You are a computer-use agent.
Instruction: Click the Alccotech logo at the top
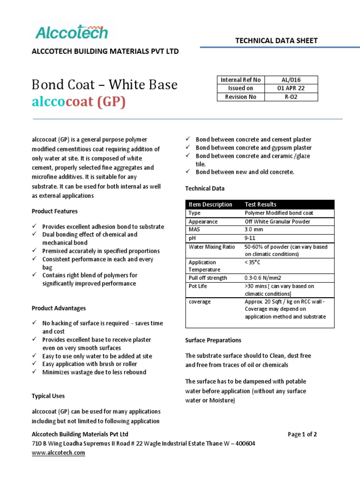72,32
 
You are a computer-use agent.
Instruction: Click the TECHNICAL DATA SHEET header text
276,41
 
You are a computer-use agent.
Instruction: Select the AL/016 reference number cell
291,80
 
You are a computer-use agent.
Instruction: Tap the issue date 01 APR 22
291,88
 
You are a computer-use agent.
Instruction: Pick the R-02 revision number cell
291,97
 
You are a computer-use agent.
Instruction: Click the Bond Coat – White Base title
105,85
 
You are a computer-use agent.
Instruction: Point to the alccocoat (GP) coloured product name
79,102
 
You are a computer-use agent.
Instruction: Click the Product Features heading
54,211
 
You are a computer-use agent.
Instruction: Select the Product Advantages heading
59,308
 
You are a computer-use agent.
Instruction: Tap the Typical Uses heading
48,396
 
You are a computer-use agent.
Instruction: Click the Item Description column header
210,204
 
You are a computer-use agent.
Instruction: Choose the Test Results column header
261,204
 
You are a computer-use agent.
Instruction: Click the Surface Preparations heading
213,340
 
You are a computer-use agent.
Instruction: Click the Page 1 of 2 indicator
302,435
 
